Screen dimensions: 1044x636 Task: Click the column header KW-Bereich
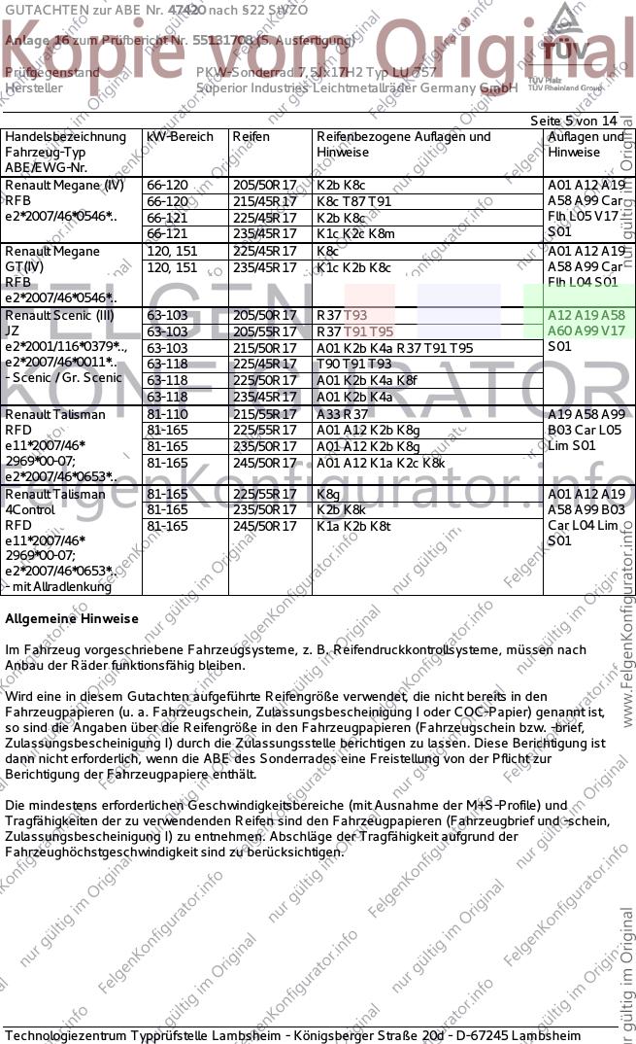point(180,137)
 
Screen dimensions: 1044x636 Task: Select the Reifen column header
point(251,137)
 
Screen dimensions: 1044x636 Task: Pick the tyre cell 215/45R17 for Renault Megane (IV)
point(264,201)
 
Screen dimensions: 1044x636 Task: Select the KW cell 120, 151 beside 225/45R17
point(171,251)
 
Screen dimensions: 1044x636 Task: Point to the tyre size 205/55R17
point(264,331)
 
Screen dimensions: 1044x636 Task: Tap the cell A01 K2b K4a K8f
point(366,380)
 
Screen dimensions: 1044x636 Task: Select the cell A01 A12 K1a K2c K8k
point(381,463)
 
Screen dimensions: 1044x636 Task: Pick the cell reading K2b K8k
point(341,509)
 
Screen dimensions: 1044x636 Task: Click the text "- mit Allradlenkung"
point(58,586)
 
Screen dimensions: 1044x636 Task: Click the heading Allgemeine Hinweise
point(72,618)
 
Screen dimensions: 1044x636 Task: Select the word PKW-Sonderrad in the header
point(238,72)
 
